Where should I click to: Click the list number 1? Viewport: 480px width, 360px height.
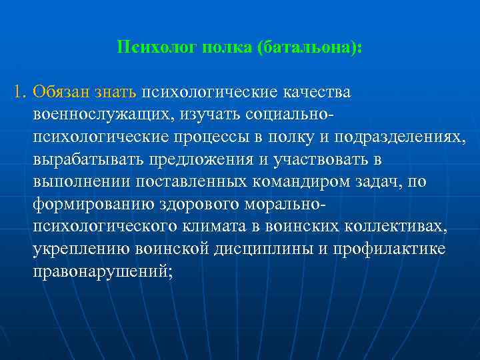click(x=19, y=91)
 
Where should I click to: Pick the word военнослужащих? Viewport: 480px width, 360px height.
click(x=101, y=115)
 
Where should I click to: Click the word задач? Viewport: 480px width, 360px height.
click(x=369, y=183)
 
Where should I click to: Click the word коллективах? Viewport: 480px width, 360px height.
click(x=394, y=227)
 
